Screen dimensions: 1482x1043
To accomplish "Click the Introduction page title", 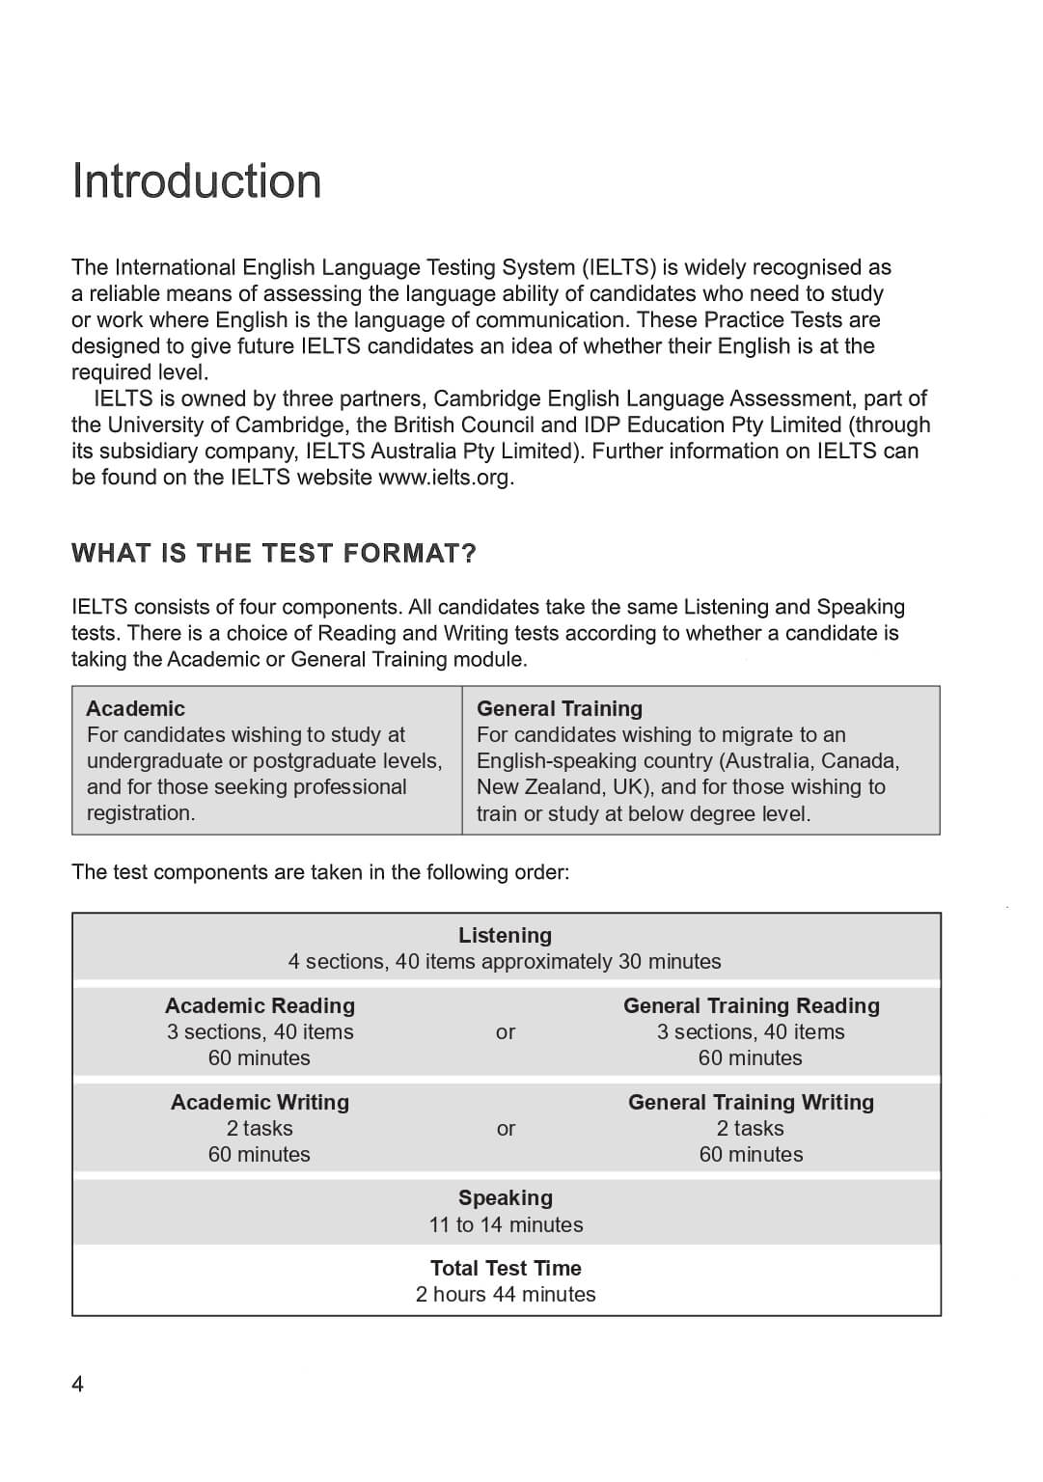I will click(x=197, y=181).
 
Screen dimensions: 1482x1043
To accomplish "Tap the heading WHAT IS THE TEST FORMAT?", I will click(x=274, y=554).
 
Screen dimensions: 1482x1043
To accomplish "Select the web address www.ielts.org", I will click(x=445, y=478).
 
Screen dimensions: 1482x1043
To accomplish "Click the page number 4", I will click(x=78, y=1385).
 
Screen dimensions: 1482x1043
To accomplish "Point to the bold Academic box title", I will click(x=135, y=709).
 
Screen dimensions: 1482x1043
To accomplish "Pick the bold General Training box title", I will click(x=560, y=709).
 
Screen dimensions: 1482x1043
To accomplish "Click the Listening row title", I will click(x=505, y=936).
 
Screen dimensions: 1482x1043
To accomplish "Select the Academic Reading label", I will click(x=260, y=1006).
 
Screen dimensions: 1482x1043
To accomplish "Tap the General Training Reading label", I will click(x=751, y=1006).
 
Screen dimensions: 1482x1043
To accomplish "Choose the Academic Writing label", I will click(x=260, y=1103).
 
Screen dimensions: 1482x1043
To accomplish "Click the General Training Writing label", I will click(x=751, y=1103).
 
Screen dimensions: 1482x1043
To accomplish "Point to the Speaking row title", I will click(x=505, y=1198).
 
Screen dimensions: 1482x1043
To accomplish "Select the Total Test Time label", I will click(x=506, y=1269).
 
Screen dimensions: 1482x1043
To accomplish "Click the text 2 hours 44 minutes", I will click(x=506, y=1295).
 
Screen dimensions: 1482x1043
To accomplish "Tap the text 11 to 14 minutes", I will click(x=506, y=1225).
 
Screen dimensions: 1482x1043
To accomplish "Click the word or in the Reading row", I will click(x=506, y=1032).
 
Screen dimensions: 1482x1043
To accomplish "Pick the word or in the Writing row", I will click(x=506, y=1129).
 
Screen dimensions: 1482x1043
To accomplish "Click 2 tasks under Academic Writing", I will click(x=260, y=1129).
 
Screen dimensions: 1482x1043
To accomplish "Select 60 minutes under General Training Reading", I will click(x=751, y=1058).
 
